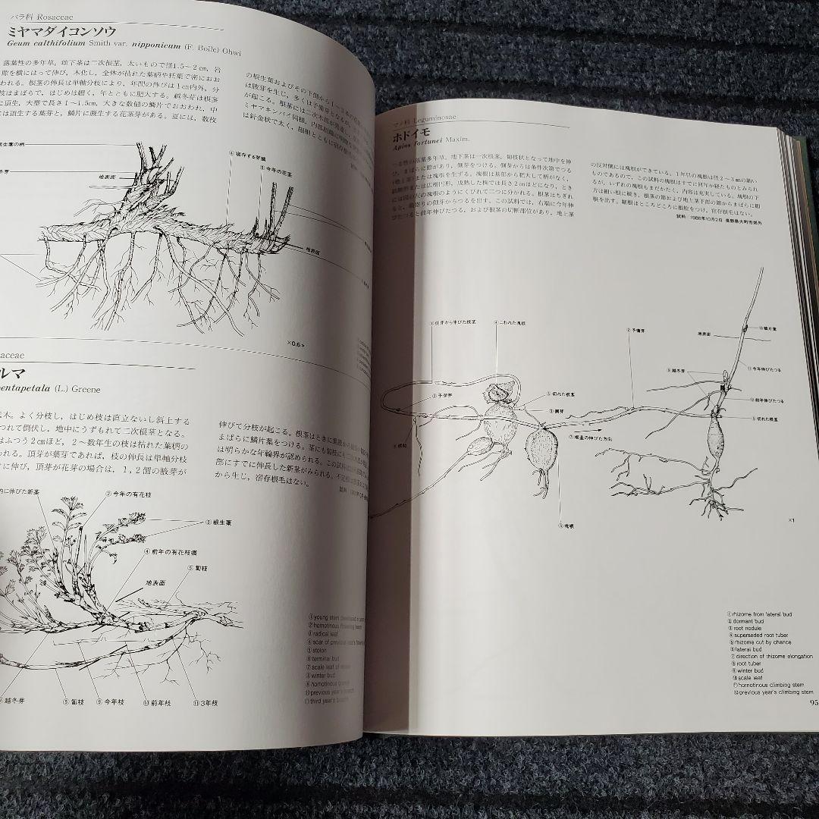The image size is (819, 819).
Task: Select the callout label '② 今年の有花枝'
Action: (127, 492)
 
